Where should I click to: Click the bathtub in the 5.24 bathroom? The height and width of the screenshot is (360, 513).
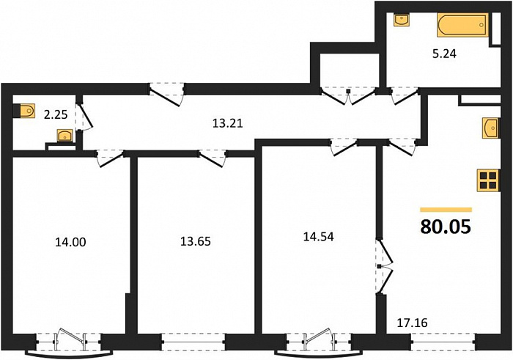point(462,25)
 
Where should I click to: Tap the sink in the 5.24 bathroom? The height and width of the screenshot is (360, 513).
point(400,20)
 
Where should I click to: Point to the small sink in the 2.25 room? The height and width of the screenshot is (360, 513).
point(65,136)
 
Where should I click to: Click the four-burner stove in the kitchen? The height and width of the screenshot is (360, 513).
point(488,180)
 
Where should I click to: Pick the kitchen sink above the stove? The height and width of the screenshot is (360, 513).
point(491,128)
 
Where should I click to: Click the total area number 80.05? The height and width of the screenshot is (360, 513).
point(446,227)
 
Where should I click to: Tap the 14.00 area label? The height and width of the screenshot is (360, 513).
point(70,242)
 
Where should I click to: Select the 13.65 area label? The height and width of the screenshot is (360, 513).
point(196,241)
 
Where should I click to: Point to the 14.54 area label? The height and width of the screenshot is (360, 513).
point(318,237)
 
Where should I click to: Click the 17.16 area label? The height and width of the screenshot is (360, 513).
point(412,323)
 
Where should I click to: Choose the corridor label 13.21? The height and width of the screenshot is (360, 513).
point(227,123)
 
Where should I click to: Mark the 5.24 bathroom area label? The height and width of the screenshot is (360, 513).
point(444,54)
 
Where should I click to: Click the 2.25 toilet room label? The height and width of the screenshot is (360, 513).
point(56,114)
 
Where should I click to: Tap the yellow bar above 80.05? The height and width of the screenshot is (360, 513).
point(446,210)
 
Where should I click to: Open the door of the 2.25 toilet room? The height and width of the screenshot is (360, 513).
point(86,117)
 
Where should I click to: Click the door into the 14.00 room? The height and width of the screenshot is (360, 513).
point(110,158)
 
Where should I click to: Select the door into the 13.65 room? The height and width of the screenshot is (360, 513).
point(213,158)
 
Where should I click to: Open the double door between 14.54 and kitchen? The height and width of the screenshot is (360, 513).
point(384,266)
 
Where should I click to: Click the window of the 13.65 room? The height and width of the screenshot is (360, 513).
point(193,342)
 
